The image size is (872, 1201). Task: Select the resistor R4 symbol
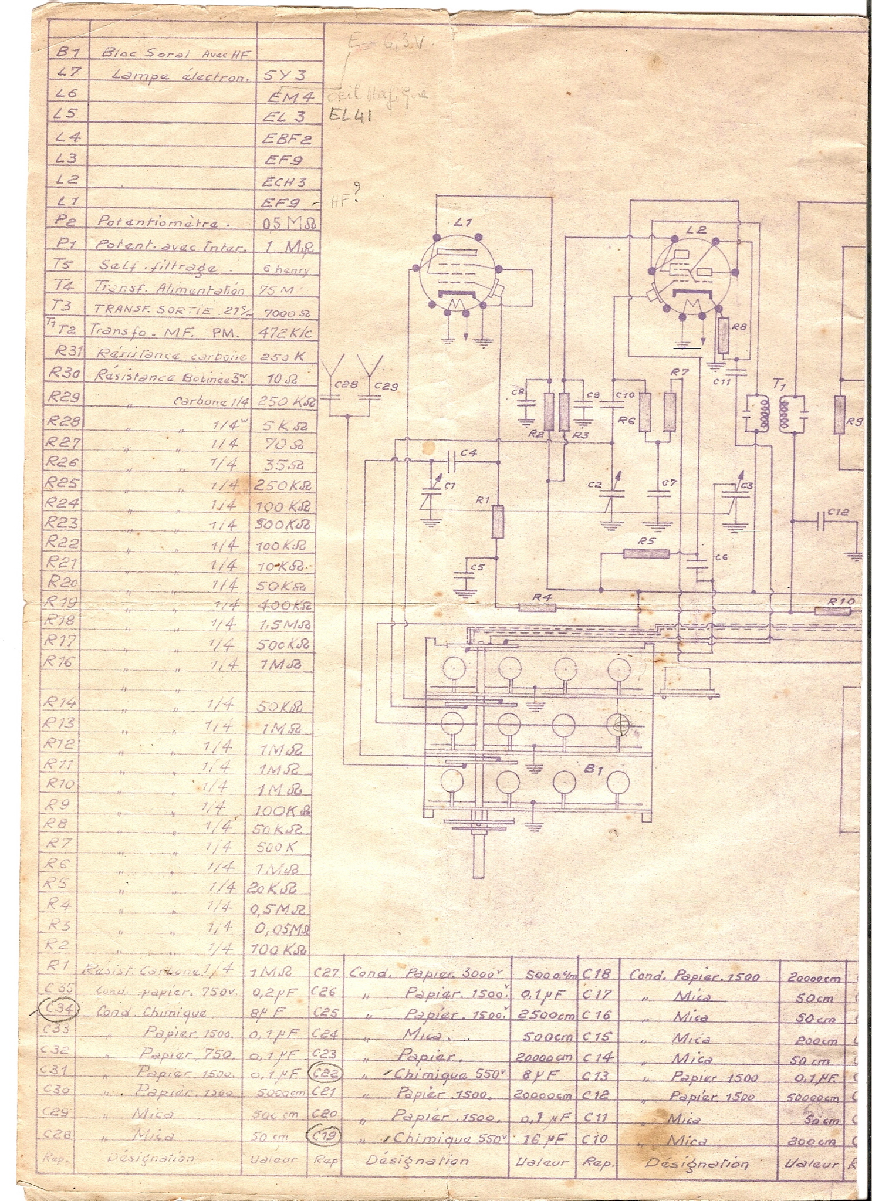537,607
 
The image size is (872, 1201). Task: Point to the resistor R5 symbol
646,553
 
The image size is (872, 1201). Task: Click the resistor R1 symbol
498,521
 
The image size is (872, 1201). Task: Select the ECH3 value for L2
284,182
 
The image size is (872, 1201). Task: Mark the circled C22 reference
325,1073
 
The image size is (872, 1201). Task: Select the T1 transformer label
779,384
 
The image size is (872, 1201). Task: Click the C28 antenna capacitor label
345,385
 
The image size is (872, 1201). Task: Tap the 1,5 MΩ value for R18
284,624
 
